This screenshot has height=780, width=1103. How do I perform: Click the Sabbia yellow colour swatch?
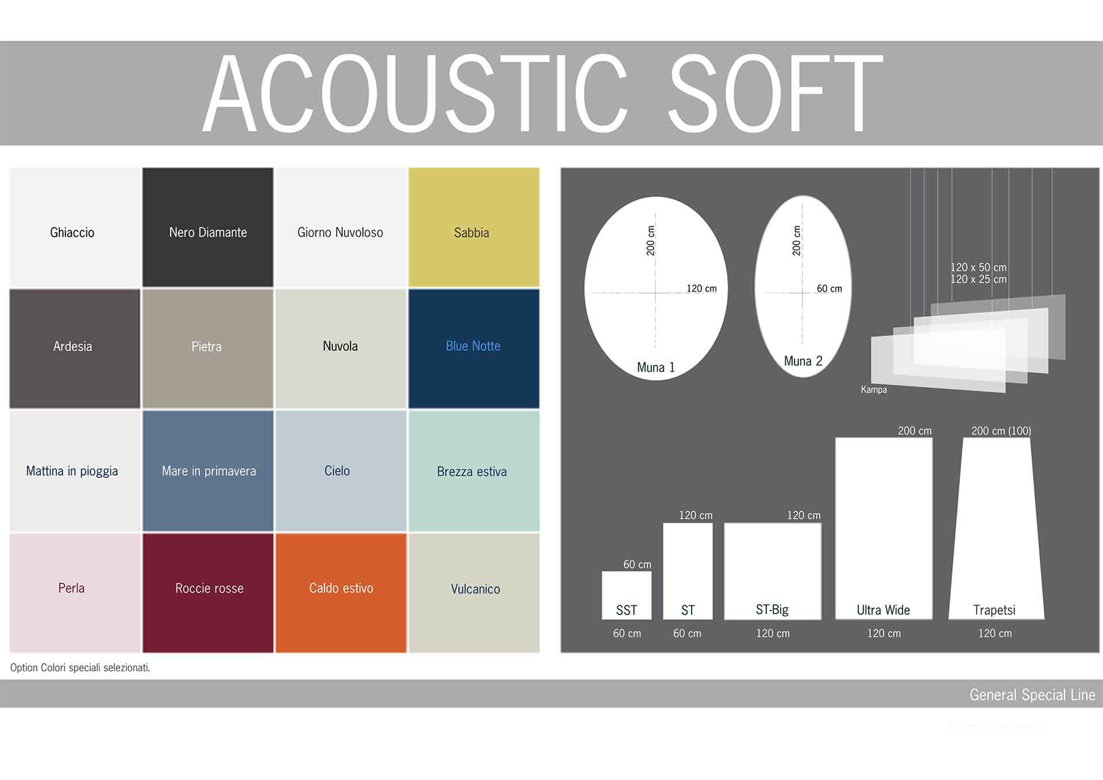474,227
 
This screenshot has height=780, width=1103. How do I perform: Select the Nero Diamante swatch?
208,227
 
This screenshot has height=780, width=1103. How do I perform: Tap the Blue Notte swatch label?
473,346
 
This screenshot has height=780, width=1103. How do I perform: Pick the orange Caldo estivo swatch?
341,593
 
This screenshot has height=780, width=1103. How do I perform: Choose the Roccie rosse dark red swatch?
208,593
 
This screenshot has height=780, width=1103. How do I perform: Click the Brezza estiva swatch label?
472,472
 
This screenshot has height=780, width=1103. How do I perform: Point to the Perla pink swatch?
75,593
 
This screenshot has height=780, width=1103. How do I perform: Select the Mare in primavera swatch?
208,471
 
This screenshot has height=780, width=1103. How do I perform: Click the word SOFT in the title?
776,93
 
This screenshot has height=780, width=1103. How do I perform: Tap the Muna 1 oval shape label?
655,368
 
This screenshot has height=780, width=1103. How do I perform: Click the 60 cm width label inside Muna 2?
830,288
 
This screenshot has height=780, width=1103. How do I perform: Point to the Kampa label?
874,389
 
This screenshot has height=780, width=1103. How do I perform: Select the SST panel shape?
627,595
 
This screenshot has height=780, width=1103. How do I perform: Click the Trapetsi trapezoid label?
994,610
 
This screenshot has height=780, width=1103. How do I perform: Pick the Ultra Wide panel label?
884,610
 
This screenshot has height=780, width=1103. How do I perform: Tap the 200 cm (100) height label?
1001,431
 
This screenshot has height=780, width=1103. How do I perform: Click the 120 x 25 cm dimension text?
978,280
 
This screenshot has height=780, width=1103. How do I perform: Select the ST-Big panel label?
772,610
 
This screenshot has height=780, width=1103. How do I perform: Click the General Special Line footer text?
1032,695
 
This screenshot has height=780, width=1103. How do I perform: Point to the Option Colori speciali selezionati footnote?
80,667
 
